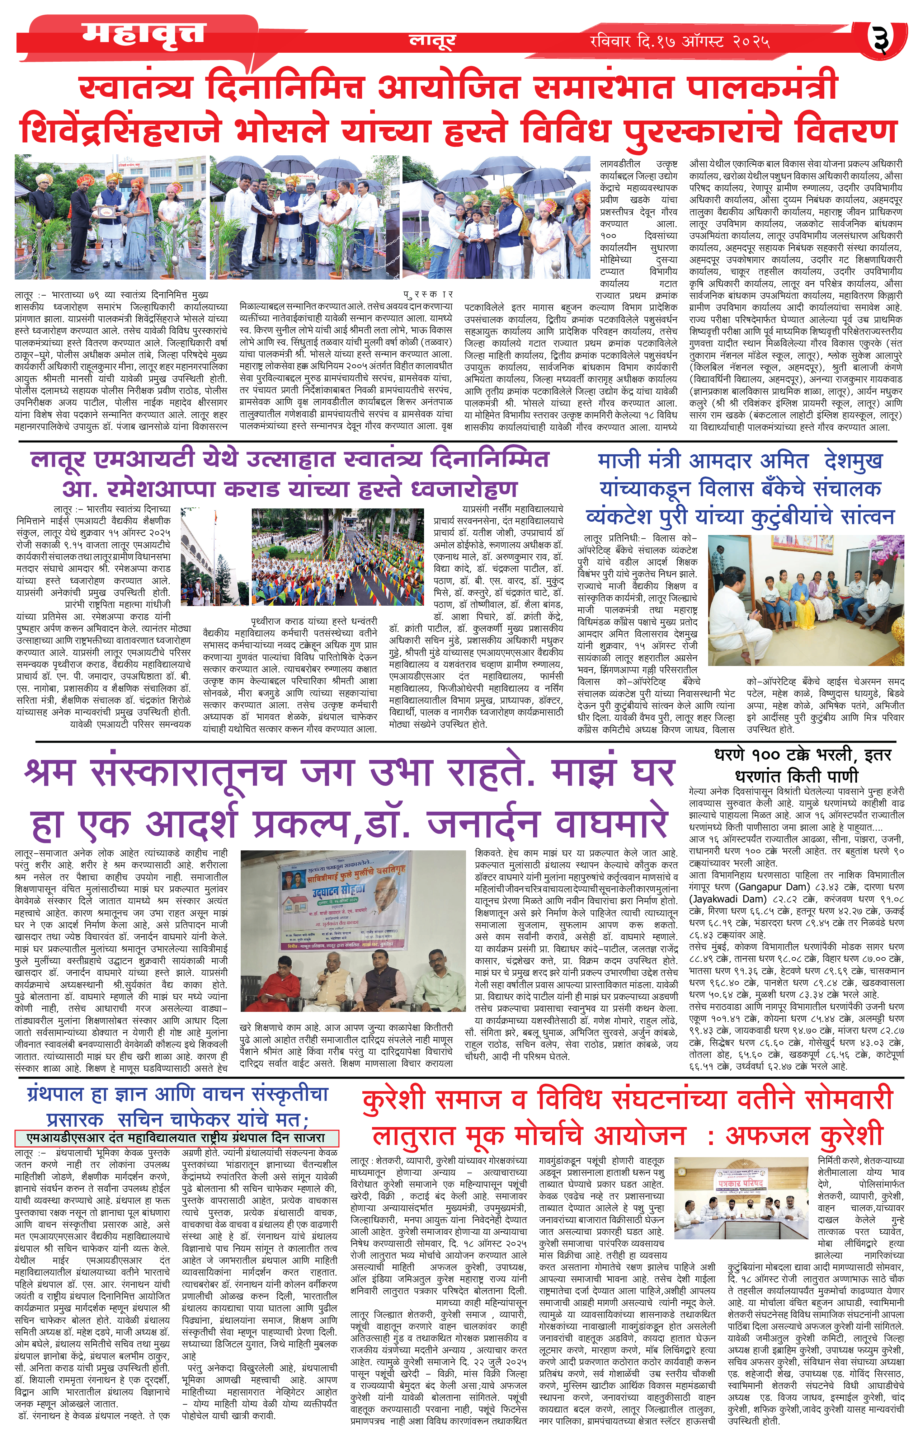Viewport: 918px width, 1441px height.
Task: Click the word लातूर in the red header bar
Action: [x=432, y=41]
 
